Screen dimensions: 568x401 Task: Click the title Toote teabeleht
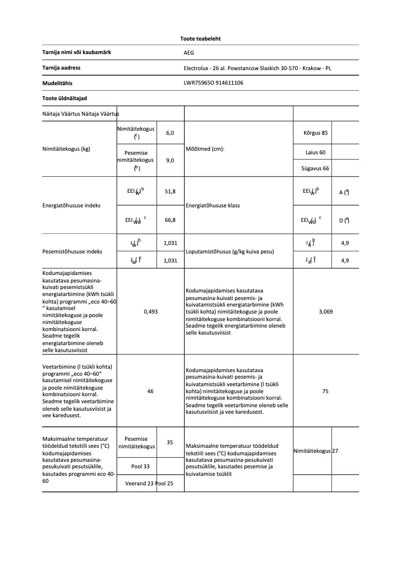(200, 39)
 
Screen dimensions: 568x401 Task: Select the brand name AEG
(188, 52)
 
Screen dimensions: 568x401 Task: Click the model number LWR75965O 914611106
(213, 83)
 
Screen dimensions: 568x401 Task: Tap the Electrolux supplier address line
(257, 68)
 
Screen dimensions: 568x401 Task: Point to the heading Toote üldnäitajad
(61, 99)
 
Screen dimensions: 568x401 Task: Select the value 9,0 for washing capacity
(170, 160)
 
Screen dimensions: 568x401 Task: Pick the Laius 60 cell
(315, 152)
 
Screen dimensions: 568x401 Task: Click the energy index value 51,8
(170, 191)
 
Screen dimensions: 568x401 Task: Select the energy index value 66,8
(170, 219)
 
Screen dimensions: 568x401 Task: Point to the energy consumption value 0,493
(150, 312)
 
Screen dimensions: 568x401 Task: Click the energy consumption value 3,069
(325, 312)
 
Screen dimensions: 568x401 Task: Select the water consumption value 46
(150, 391)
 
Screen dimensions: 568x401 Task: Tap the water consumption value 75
(325, 391)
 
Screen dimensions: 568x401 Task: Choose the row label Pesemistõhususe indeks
(72, 251)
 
